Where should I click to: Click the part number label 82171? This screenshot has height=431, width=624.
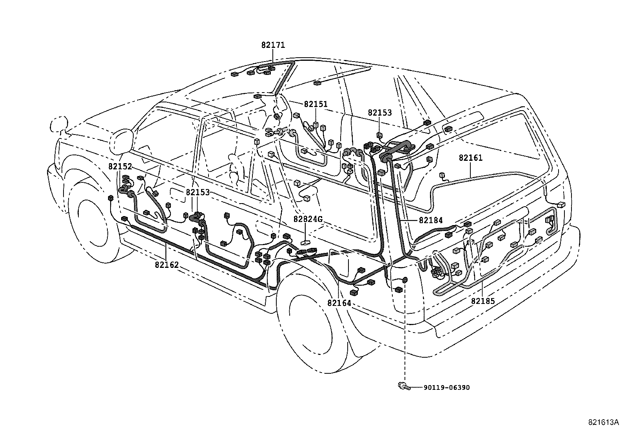pyautogui.click(x=273, y=45)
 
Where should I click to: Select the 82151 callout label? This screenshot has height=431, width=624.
pyautogui.click(x=316, y=104)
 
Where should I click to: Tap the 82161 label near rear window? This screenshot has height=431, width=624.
pyautogui.click(x=471, y=158)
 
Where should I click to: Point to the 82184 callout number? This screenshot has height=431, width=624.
pyautogui.click(x=431, y=220)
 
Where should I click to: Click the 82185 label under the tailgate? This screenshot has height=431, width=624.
pyautogui.click(x=483, y=301)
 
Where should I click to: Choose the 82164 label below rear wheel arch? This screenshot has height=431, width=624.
pyautogui.click(x=339, y=303)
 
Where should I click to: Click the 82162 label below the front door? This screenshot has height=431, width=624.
pyautogui.click(x=167, y=265)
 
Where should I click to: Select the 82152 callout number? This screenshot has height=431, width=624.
pyautogui.click(x=120, y=167)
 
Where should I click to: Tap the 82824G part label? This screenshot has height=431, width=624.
pyautogui.click(x=308, y=219)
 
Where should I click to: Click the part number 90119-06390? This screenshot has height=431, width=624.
pyautogui.click(x=446, y=387)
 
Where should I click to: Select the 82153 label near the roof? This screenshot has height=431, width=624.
pyautogui.click(x=379, y=113)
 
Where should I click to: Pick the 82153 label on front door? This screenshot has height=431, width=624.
pyautogui.click(x=198, y=193)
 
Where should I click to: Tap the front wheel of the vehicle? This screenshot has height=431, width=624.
pyautogui.click(x=92, y=227)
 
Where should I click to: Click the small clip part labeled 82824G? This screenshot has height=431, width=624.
pyautogui.click(x=305, y=243)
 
